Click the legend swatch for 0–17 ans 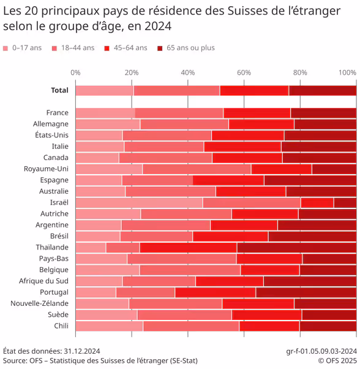(x=6, y=48)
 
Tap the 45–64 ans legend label (x=129, y=48)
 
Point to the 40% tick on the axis (x=188, y=72)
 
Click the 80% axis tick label (x=300, y=72)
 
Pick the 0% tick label (x=75, y=72)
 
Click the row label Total (x=59, y=91)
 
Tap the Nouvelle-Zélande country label (x=39, y=303)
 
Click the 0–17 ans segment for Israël (x=139, y=202)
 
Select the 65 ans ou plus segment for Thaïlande (x=296, y=248)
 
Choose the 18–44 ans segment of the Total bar (x=176, y=91)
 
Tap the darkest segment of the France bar (x=323, y=113)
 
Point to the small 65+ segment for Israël (x=345, y=202)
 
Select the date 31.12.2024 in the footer (x=81, y=351)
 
